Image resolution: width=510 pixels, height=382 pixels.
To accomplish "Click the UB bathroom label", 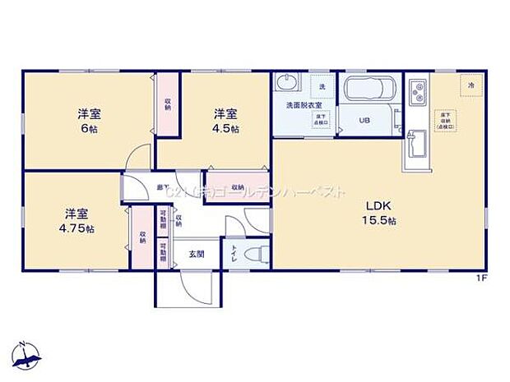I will pos(364,119).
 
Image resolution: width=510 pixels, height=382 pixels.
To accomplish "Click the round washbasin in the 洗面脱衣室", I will pos(285,85).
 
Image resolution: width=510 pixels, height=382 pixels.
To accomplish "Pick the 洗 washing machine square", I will pos(322,85).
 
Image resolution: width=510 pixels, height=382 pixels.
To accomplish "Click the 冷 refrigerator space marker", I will pos(471,85).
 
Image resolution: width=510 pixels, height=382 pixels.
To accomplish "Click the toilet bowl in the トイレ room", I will pos(257,251).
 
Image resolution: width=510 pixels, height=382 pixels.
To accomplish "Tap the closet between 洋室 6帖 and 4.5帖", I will pos(167,104).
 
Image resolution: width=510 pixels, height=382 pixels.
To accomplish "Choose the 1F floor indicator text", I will pos(481,278).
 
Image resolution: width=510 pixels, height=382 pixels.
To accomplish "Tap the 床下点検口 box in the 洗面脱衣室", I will pos(318,121).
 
